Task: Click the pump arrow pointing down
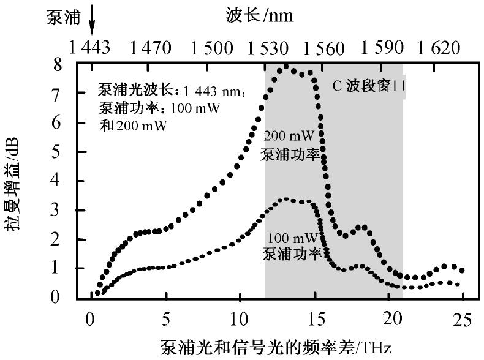92,25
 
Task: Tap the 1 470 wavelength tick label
149,48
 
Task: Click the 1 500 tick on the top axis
211,48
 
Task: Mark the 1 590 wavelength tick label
382,48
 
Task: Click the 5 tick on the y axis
75,152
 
